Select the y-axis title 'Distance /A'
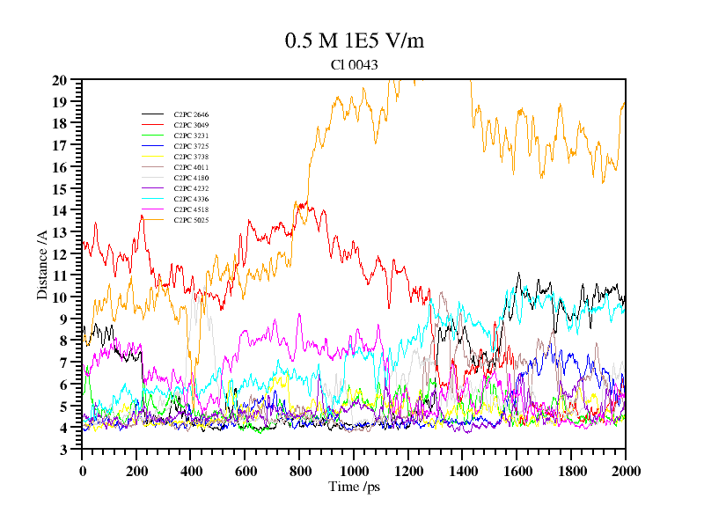(41, 264)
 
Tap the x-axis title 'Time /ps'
(353, 486)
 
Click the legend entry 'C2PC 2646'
(191, 114)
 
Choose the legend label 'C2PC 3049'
(191, 125)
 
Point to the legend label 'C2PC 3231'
(191, 136)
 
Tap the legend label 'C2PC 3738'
(191, 157)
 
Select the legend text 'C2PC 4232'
(191, 188)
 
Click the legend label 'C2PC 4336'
(191, 199)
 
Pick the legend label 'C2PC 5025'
(191, 220)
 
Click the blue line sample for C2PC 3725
(153, 146)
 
